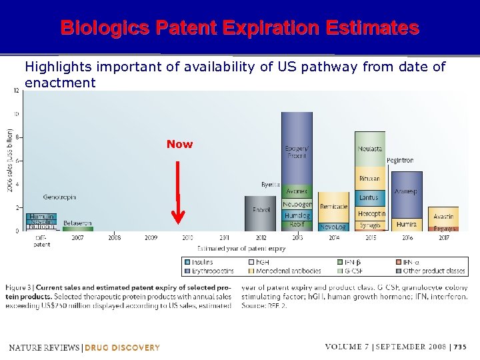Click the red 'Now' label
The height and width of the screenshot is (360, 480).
tap(179, 144)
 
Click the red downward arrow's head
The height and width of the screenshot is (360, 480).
tap(178, 217)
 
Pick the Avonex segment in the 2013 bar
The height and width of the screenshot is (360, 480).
tap(297, 192)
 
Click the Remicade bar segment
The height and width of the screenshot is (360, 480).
tap(333, 207)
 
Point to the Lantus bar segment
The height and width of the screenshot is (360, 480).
tap(369, 197)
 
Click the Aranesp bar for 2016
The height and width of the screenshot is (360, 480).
tap(406, 191)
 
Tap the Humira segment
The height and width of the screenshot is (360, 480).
tap(406, 225)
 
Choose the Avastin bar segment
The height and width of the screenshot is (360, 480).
tap(443, 216)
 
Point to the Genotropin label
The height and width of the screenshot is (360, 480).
tap(59, 197)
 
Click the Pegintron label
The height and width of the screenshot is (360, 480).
tap(400, 161)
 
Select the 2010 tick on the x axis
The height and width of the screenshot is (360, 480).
tap(187, 237)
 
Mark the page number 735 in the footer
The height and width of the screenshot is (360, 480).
tap(459, 347)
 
